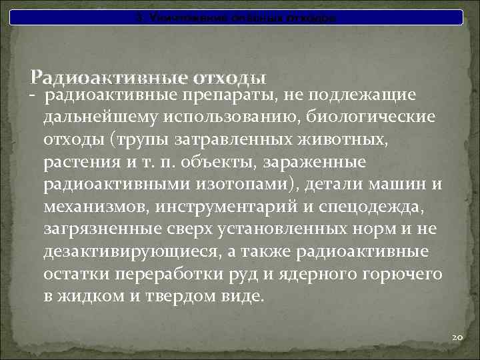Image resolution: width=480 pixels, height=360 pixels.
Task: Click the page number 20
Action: pyautogui.click(x=457, y=338)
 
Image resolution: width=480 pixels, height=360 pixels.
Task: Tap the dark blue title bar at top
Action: pyautogui.click(x=239, y=17)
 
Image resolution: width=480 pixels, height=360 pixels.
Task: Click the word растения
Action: pyautogui.click(x=76, y=162)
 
